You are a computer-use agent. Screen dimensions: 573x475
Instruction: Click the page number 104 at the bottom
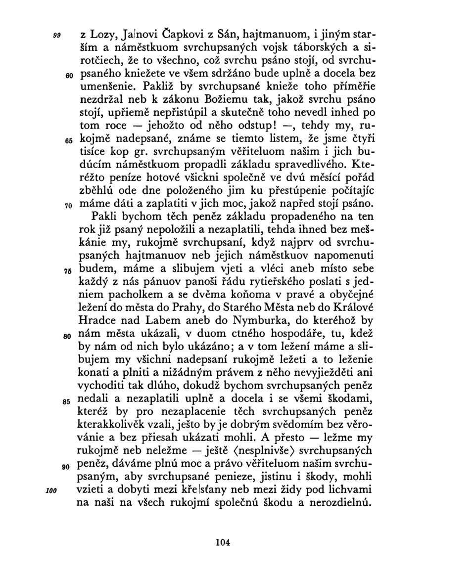223,542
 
